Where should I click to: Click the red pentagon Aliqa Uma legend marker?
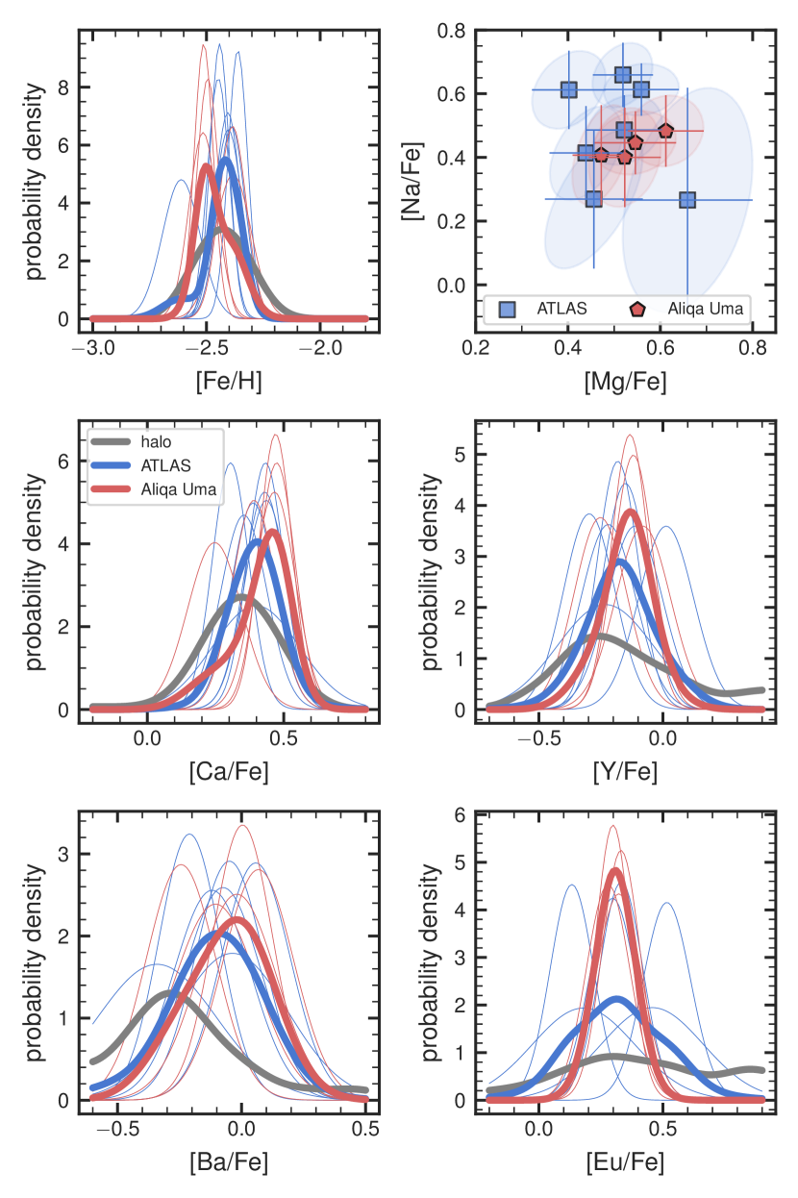point(636,309)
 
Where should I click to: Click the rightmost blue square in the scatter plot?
point(687,200)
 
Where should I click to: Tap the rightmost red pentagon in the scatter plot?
point(665,131)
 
